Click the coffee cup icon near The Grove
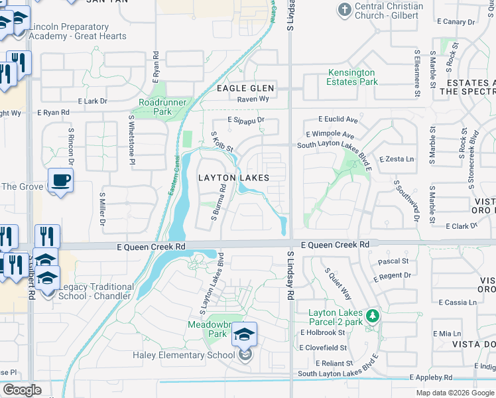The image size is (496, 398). pos(60,180)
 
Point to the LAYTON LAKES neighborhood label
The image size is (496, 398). pos(234,178)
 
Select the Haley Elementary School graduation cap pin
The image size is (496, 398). pos(244,336)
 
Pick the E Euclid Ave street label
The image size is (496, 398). pos(338,120)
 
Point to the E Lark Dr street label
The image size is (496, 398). pos(92,101)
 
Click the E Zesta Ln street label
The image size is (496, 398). pos(397,159)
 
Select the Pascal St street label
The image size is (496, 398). pos(393,261)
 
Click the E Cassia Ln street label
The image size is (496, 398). pos(458,302)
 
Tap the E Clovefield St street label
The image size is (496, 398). pos(323,348)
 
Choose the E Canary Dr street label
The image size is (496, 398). pos(457,22)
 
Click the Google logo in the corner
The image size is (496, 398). pos(22,390)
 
